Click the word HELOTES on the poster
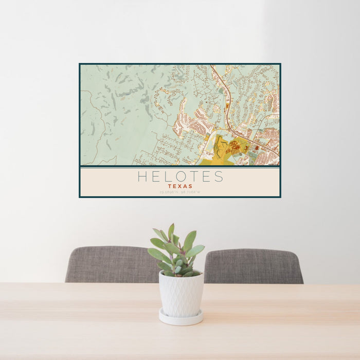180,177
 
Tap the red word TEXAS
180,186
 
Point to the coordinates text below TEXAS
180,192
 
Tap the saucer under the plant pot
181,318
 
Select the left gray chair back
111,264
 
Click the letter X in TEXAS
180,186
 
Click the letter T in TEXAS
169,186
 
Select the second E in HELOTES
206,177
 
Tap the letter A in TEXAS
185,186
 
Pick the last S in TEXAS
191,186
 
